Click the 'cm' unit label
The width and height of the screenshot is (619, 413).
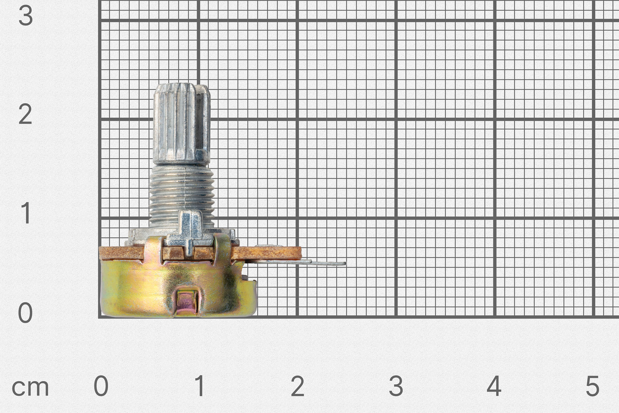tap(30, 388)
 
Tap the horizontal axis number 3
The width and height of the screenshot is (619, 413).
tap(396, 386)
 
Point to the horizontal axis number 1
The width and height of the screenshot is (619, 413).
tap(200, 386)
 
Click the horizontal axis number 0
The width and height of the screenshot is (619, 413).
tap(101, 386)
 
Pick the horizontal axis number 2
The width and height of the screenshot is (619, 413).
tap(298, 386)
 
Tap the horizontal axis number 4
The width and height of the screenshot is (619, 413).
tap(494, 386)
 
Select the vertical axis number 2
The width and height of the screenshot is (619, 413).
tap(26, 114)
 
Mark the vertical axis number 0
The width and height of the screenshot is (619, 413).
tap(25, 313)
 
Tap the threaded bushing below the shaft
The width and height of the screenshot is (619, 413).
tap(182, 195)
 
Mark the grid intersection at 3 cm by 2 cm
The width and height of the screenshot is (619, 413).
tap(396, 119)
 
